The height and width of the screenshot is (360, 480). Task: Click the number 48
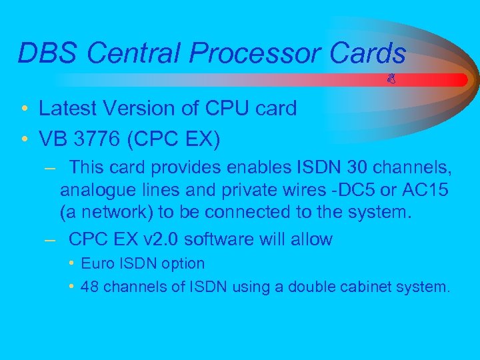coord(89,287)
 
